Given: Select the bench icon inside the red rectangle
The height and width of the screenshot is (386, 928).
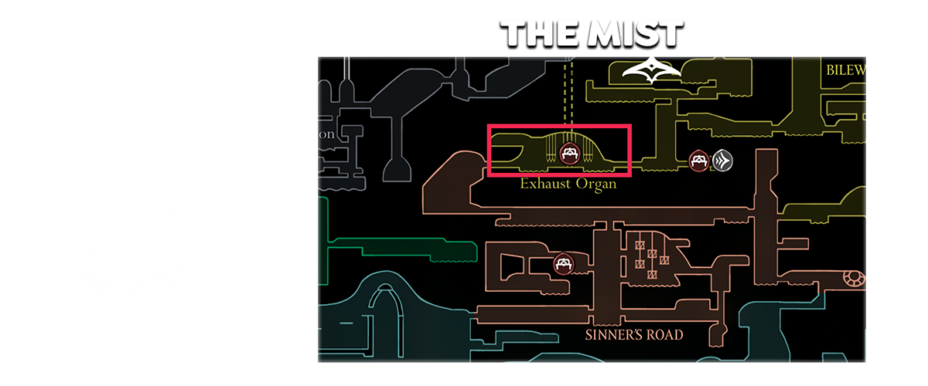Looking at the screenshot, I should [570, 153].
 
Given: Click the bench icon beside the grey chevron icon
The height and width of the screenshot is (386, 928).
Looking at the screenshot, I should [699, 161].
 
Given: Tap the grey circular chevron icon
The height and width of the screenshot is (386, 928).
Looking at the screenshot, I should [722, 161].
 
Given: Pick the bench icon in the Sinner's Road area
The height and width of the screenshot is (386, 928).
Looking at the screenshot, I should [563, 265].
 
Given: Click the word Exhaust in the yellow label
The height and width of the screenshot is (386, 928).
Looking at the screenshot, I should [545, 185].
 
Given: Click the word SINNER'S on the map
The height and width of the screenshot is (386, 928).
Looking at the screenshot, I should [615, 335].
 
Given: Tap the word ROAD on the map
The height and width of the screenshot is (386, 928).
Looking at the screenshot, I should [666, 335].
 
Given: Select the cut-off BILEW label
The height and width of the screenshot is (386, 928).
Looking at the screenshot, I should [845, 70].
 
